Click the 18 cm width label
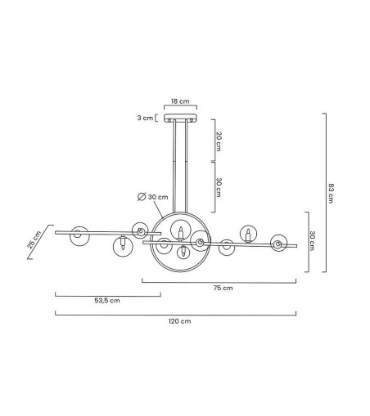pos(179,101)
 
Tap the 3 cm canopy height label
pos(145,118)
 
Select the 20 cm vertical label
pos(219,141)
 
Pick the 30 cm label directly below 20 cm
pos(219,187)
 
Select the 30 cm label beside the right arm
pos(313,240)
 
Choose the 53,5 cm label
pos(106,301)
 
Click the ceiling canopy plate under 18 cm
pos(180,119)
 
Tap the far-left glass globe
pos(79,235)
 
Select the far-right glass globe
pos(279,243)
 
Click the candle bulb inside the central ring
pos(181,237)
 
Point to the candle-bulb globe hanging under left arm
pos(123,248)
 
